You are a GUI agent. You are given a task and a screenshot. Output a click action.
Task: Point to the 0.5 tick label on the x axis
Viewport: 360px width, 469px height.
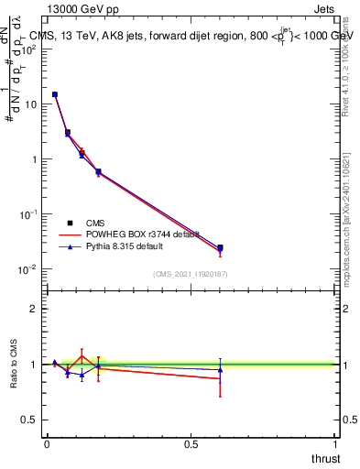191,444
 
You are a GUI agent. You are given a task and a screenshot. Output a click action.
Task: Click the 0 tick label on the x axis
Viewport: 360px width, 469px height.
47,444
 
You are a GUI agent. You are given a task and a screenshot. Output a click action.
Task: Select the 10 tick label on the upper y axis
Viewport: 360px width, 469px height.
29,104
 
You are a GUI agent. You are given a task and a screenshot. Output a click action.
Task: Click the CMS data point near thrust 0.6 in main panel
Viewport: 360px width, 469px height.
220,247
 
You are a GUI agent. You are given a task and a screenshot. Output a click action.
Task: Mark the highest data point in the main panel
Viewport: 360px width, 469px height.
55,94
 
